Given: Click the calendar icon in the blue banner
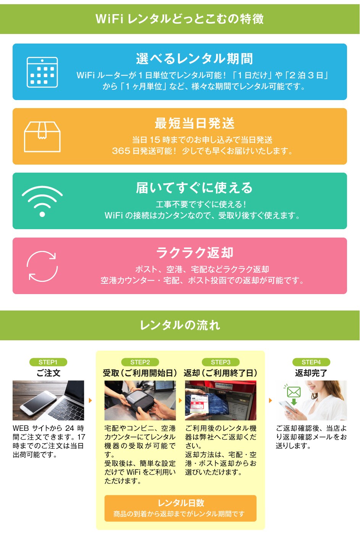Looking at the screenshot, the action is point(42,72).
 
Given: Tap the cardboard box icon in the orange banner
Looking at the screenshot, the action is point(42,137).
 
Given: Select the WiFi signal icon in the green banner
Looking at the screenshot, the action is point(42,201).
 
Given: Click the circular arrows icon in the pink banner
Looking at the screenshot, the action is point(42,266).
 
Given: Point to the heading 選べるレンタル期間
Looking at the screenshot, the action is point(194,59).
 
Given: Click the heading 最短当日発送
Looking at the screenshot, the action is point(194,123).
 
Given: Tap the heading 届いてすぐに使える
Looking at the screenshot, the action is point(194,188).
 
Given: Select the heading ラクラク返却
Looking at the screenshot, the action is point(194,253).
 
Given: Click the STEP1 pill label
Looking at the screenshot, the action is point(48,362).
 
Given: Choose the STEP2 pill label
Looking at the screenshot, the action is point(140,362).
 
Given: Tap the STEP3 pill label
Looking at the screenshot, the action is point(221,362).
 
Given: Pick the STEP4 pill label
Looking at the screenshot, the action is point(311,362).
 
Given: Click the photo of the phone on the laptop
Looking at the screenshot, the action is point(48,400).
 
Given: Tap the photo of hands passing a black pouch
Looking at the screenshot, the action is point(140,400).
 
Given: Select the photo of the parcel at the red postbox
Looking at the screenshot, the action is point(221,400).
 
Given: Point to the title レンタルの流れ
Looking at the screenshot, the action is point(180,325).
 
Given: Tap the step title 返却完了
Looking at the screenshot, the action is point(311,373).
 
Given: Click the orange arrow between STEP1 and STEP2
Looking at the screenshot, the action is point(90,400).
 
